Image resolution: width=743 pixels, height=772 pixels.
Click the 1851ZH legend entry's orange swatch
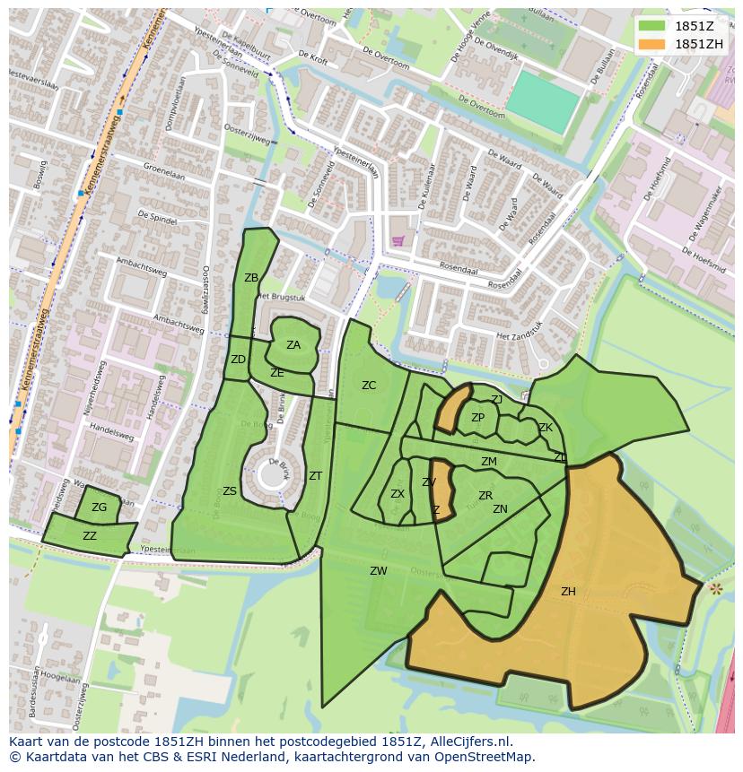[x=652, y=44]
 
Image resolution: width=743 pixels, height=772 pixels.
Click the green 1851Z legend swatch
[x=652, y=26]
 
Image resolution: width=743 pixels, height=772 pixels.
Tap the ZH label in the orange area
[x=568, y=592]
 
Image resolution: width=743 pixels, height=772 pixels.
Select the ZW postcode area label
[x=379, y=571]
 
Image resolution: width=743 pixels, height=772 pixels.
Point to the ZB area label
[x=251, y=278]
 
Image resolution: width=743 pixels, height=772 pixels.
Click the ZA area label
[x=293, y=345]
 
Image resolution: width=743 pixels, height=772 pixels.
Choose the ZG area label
[x=99, y=507]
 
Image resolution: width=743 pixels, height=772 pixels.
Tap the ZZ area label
[x=90, y=536]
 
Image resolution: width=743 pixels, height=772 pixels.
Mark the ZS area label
[x=230, y=491]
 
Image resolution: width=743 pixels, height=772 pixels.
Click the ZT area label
[x=315, y=476]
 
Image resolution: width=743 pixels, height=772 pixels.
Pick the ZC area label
[x=369, y=386]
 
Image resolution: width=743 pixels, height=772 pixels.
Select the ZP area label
[x=477, y=418]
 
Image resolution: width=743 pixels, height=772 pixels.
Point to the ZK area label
[x=546, y=428]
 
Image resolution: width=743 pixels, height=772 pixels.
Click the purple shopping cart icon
[x=398, y=240]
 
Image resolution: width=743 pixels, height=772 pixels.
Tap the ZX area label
[x=398, y=494]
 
